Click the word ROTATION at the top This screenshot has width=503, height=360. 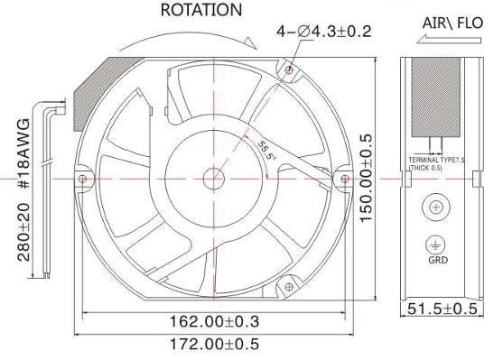tap(201, 10)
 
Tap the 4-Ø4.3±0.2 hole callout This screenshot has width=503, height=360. tap(324, 32)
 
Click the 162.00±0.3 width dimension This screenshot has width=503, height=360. tap(214, 321)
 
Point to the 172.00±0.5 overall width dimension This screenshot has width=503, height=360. tap(214, 345)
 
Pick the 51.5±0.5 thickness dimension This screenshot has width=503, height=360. tap(442, 309)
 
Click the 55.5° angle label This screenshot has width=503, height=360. tap(267, 151)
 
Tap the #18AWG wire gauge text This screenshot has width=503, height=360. tap(23, 153)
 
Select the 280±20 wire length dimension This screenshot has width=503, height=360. tap(23, 232)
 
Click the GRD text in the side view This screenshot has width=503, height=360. tap(438, 260)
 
